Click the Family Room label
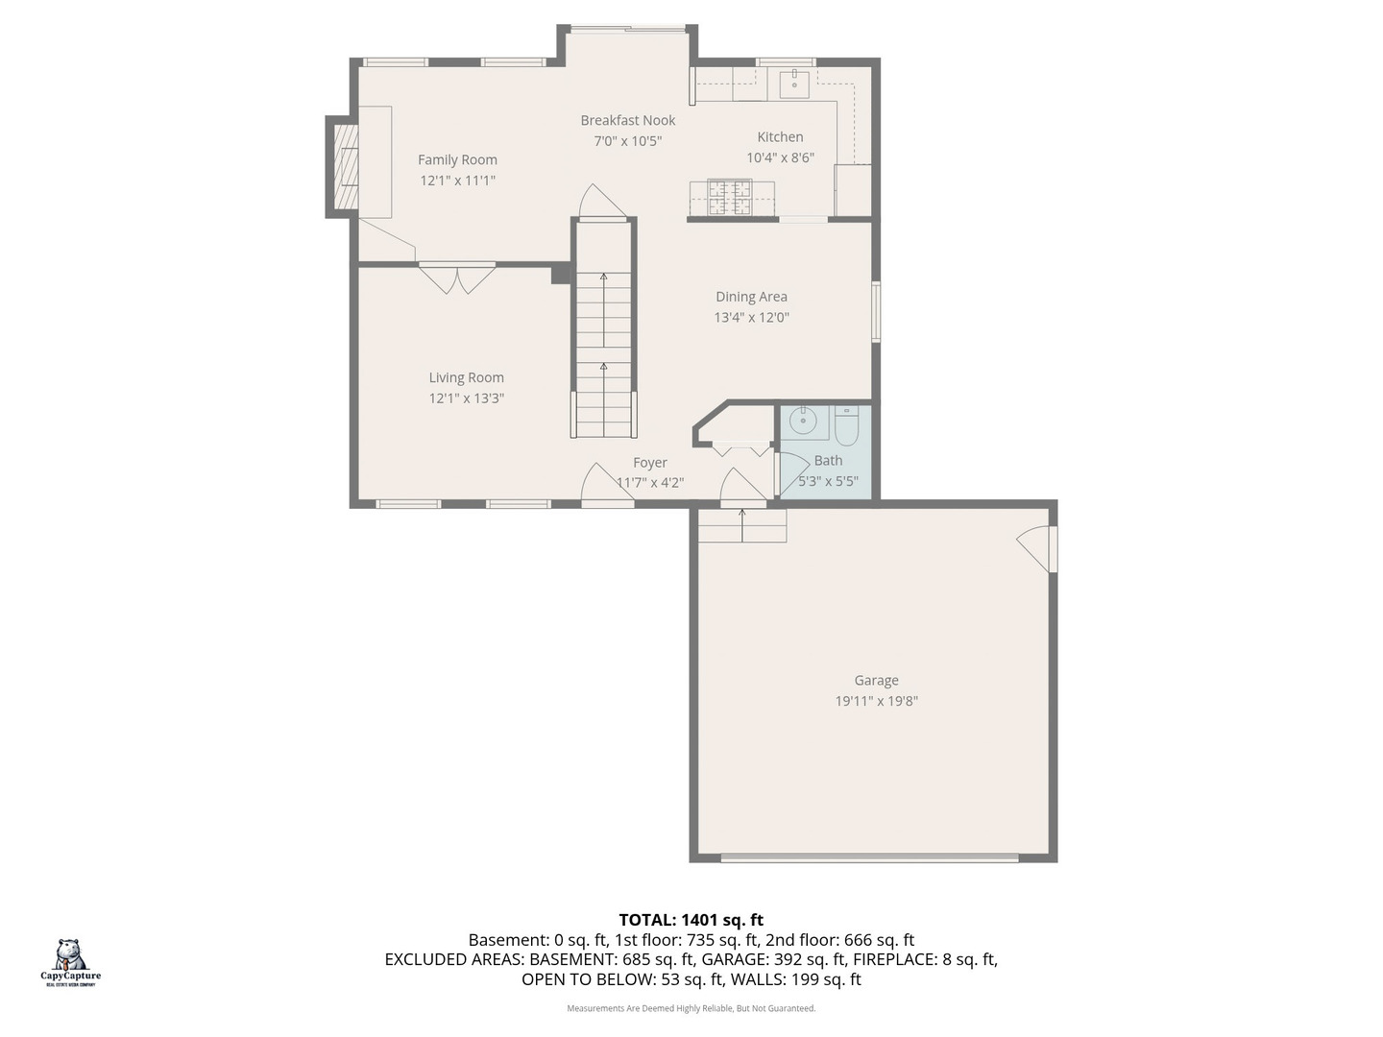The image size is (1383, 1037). pyautogui.click(x=457, y=160)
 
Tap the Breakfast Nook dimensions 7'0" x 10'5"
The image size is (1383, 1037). pyautogui.click(x=627, y=141)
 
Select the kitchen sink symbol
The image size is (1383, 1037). pyautogui.click(x=794, y=84)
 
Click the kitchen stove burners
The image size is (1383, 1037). pyautogui.click(x=729, y=198)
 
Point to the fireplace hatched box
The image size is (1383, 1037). pyautogui.click(x=346, y=168)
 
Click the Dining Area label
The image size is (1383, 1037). pyautogui.click(x=751, y=297)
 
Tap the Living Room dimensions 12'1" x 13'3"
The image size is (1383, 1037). pyautogui.click(x=466, y=398)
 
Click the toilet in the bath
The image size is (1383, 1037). pyautogui.click(x=845, y=425)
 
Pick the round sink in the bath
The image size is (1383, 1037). pyautogui.click(x=803, y=421)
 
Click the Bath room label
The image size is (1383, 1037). pyautogui.click(x=828, y=461)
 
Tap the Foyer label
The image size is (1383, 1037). pyautogui.click(x=649, y=463)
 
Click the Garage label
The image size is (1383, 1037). pyautogui.click(x=876, y=681)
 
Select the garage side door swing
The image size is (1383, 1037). pyautogui.click(x=1035, y=549)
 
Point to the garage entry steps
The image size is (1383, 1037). pyautogui.click(x=741, y=526)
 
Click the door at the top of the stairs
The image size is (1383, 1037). pyautogui.click(x=602, y=203)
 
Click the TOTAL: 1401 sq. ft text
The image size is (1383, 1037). pyautogui.click(x=691, y=920)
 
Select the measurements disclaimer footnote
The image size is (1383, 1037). pyautogui.click(x=691, y=1008)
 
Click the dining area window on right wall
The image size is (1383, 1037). pyautogui.click(x=875, y=311)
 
